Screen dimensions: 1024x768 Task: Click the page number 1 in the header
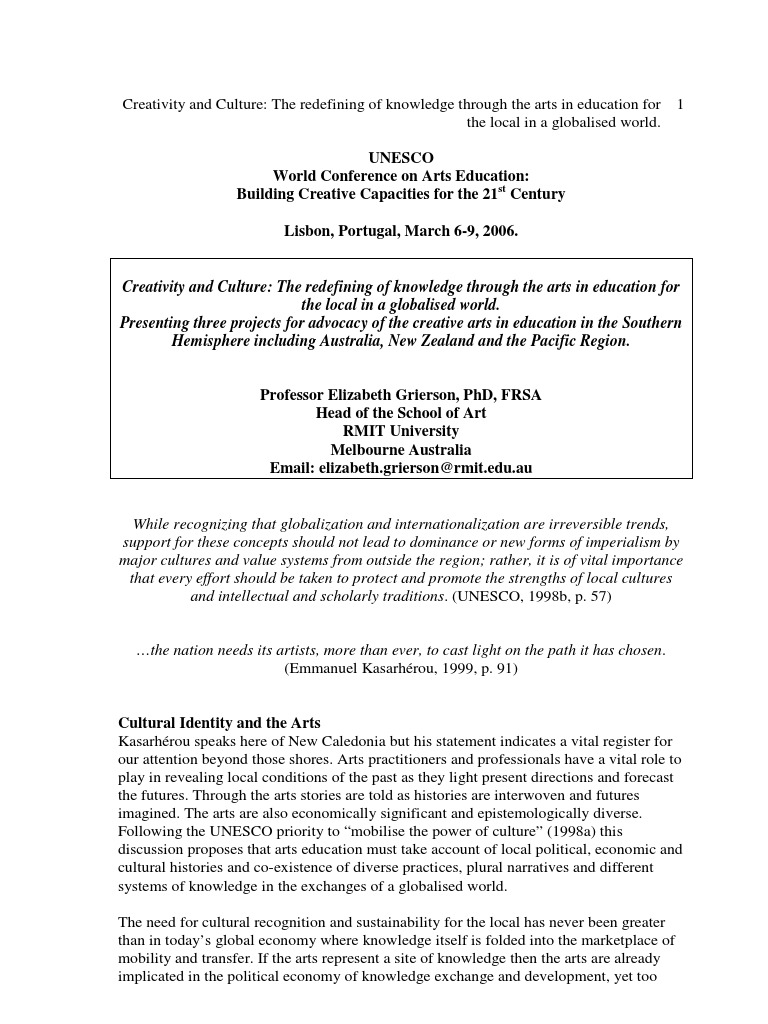[681, 104]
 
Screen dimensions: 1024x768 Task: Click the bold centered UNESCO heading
[400, 158]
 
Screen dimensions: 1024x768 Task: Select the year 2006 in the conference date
[497, 231]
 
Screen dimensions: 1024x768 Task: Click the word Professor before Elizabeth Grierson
[293, 395]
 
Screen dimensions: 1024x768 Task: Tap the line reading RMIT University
[401, 431]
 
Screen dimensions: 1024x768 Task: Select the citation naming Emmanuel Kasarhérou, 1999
[401, 668]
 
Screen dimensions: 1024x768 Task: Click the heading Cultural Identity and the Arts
[219, 722]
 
